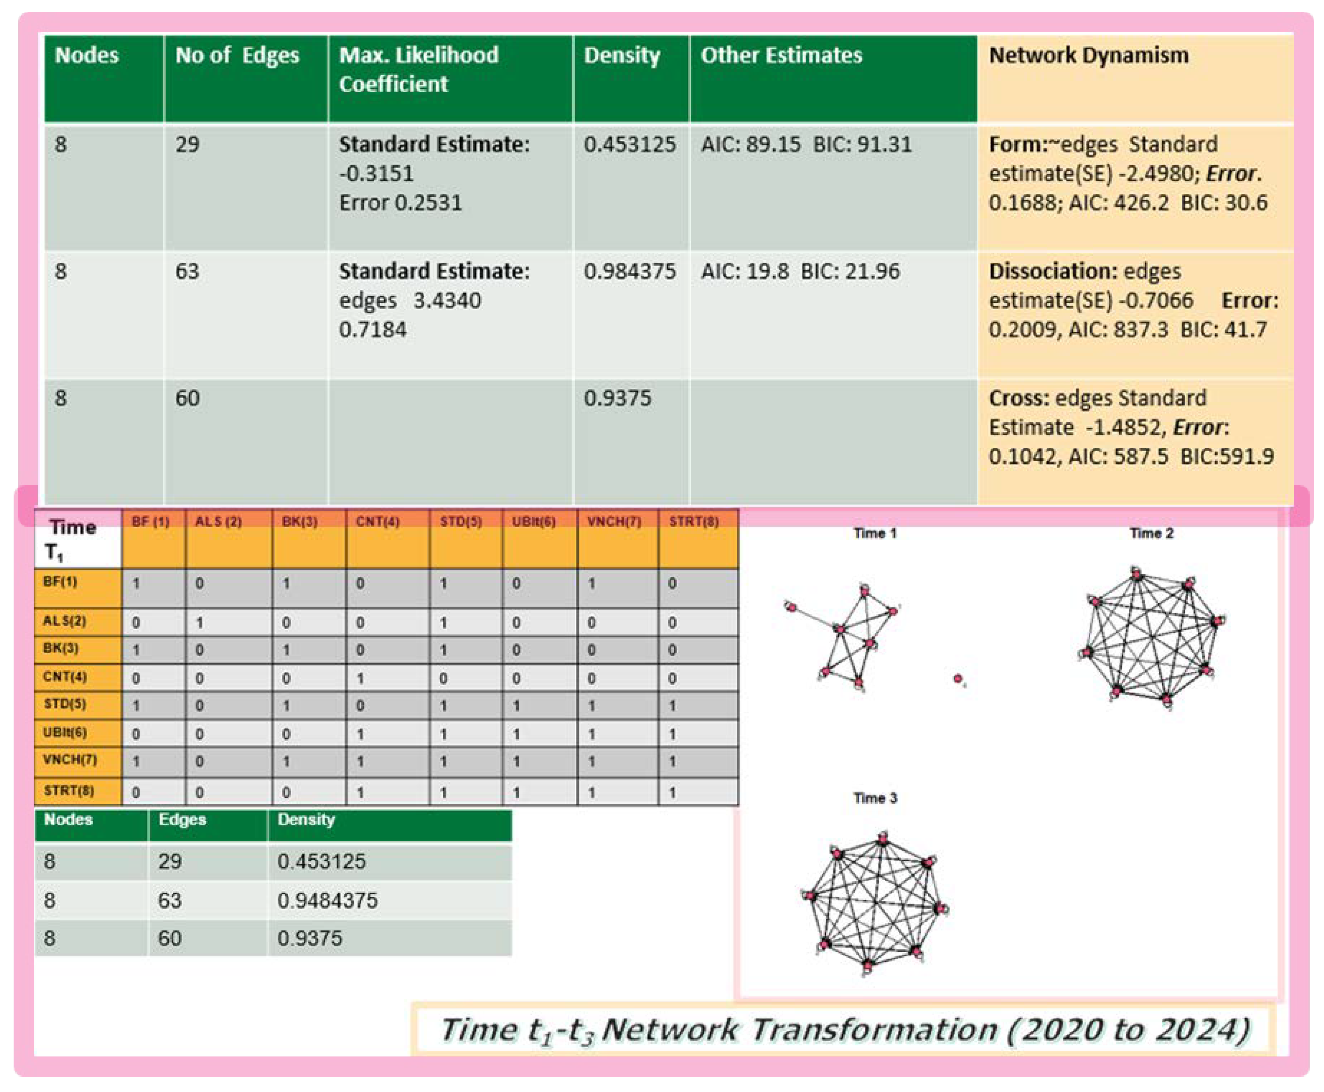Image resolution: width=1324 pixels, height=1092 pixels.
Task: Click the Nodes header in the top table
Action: pos(87,55)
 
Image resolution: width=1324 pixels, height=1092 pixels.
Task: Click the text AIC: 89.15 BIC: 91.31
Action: pos(806,144)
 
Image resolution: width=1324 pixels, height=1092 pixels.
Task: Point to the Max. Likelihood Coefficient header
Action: pos(418,69)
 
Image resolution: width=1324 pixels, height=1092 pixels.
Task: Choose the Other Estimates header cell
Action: pos(781,55)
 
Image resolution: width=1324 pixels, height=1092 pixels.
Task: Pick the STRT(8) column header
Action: pos(693,522)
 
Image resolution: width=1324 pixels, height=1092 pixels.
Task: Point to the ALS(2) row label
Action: pos(64,621)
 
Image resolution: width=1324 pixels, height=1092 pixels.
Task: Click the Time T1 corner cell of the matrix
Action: pos(72,539)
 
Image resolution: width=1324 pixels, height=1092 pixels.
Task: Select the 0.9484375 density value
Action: pos(327,900)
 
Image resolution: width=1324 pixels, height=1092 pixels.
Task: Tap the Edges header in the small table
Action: pos(182,820)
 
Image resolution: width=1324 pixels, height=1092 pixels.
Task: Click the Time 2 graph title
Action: pos(1151,533)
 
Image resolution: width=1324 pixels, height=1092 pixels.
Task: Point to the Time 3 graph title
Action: pos(875,798)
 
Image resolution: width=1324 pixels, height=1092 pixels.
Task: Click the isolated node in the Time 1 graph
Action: pos(957,679)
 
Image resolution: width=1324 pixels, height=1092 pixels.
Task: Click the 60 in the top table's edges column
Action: pos(188,398)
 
